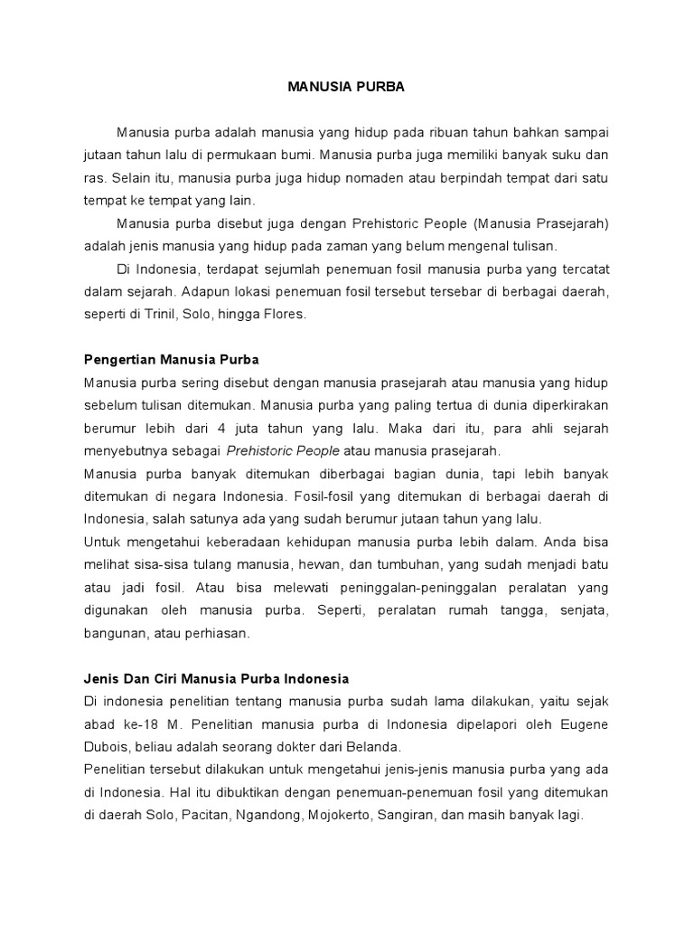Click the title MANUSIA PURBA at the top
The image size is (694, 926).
346,89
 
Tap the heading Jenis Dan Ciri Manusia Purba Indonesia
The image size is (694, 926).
216,677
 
